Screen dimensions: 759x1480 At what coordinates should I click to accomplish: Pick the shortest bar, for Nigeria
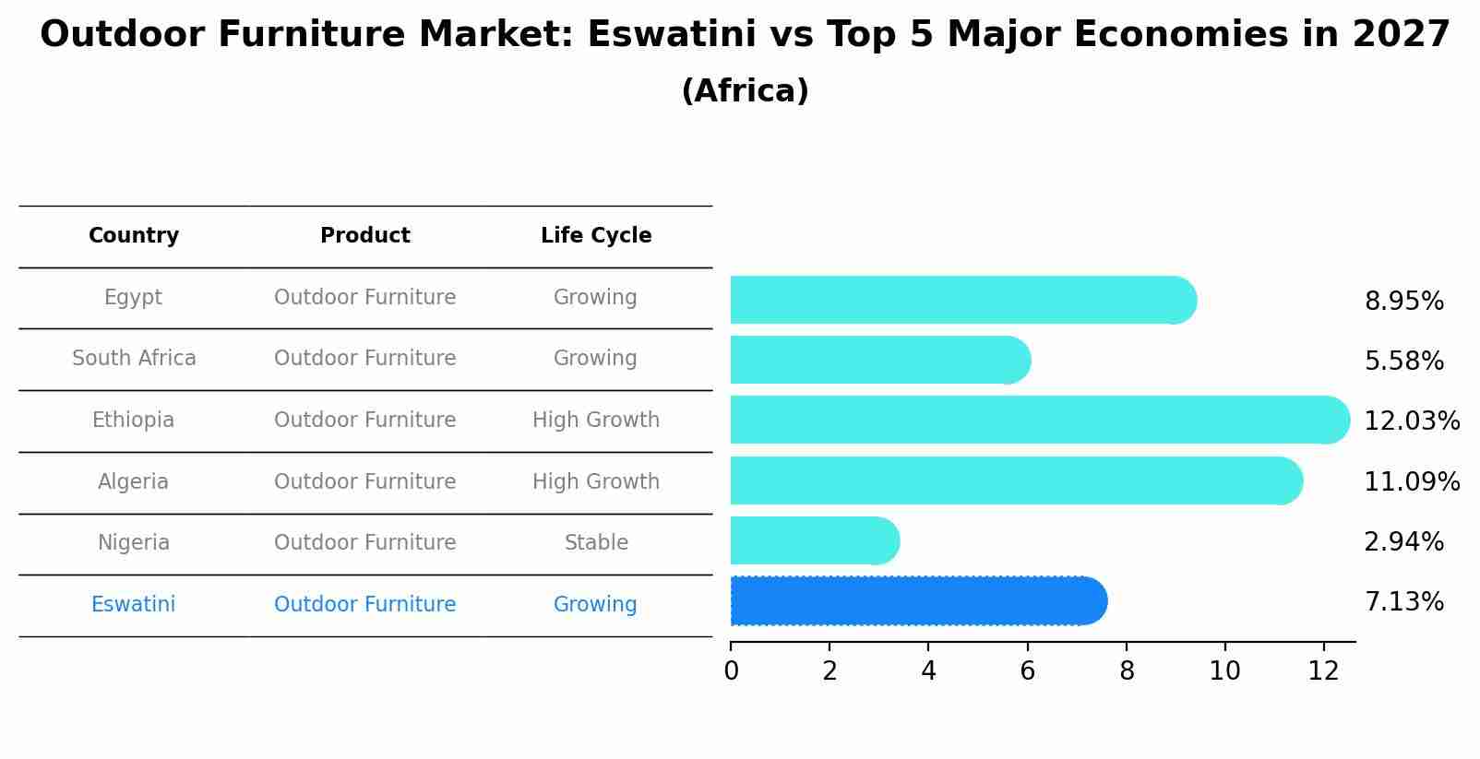pos(812,540)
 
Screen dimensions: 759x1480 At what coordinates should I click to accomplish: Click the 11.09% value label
pos(1411,481)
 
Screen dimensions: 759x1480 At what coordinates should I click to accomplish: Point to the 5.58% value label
pos(1403,361)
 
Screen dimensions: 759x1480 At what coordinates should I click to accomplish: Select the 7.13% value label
pos(1403,602)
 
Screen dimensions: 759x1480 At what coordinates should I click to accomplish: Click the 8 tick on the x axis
pos(1127,671)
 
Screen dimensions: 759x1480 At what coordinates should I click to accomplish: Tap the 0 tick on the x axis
pos(732,671)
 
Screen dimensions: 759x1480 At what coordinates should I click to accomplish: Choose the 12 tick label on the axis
pos(1323,671)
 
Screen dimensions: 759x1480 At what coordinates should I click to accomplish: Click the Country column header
pos(134,236)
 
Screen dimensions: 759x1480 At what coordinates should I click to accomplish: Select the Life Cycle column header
pos(596,236)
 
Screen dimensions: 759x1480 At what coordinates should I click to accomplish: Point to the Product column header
pos(365,236)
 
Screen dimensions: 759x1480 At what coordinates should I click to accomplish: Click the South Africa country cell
pos(134,359)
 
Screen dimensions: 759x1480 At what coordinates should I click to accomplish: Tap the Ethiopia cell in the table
pos(133,421)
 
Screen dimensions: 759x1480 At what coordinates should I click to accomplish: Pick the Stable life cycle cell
pos(596,543)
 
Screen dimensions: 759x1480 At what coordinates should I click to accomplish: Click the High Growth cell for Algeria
pos(596,482)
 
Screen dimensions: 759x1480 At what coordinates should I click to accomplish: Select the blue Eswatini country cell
pos(133,605)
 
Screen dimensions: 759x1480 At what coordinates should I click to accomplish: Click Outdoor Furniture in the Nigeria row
pos(365,543)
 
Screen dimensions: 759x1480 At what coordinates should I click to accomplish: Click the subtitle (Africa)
pos(745,91)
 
